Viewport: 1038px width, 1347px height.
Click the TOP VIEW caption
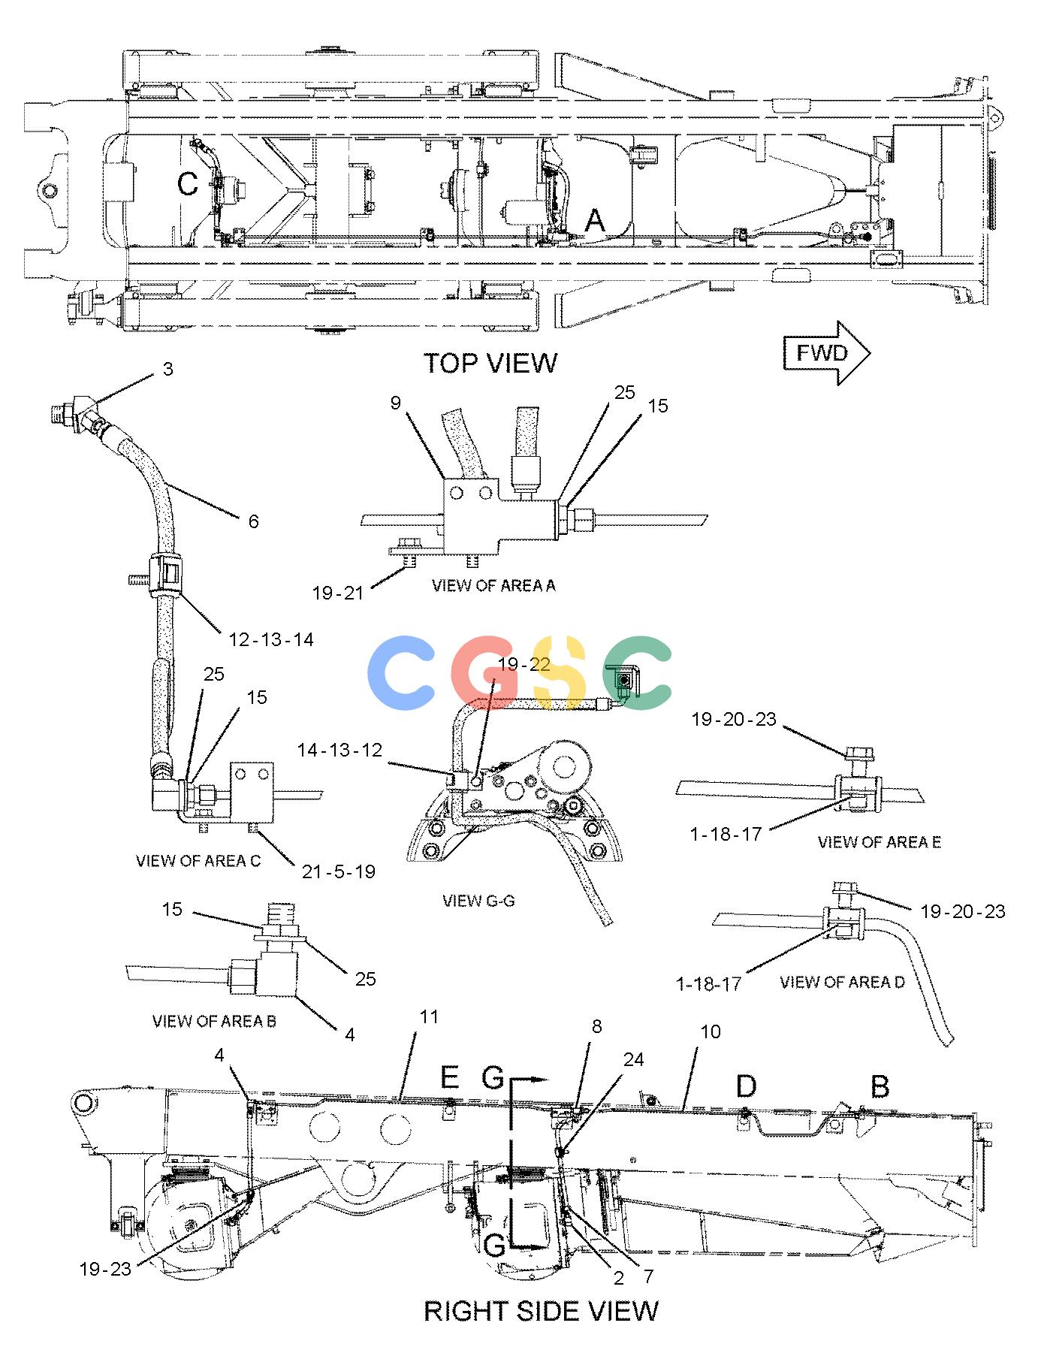(x=490, y=363)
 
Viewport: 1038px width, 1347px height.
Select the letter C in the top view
(x=188, y=183)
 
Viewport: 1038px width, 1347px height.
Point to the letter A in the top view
(x=595, y=221)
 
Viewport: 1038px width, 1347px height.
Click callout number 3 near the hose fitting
(x=168, y=369)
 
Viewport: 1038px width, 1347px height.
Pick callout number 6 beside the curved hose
(x=254, y=521)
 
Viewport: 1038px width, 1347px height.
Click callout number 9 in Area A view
(x=396, y=403)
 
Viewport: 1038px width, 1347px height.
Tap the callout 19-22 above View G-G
(x=524, y=664)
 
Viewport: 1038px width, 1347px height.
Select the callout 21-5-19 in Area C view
(x=338, y=871)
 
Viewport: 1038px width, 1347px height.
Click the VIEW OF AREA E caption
(x=879, y=841)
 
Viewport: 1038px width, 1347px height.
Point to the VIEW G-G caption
(x=478, y=900)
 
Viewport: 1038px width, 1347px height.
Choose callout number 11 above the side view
(x=428, y=1016)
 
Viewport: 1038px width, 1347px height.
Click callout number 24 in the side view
(x=634, y=1059)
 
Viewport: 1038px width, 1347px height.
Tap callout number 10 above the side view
(x=710, y=1031)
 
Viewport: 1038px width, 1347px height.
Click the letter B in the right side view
(x=880, y=1086)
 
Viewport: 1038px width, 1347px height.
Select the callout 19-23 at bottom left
(x=105, y=1269)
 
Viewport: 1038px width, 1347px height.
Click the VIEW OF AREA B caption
(x=214, y=1021)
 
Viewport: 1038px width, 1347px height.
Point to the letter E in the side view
(x=449, y=1078)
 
